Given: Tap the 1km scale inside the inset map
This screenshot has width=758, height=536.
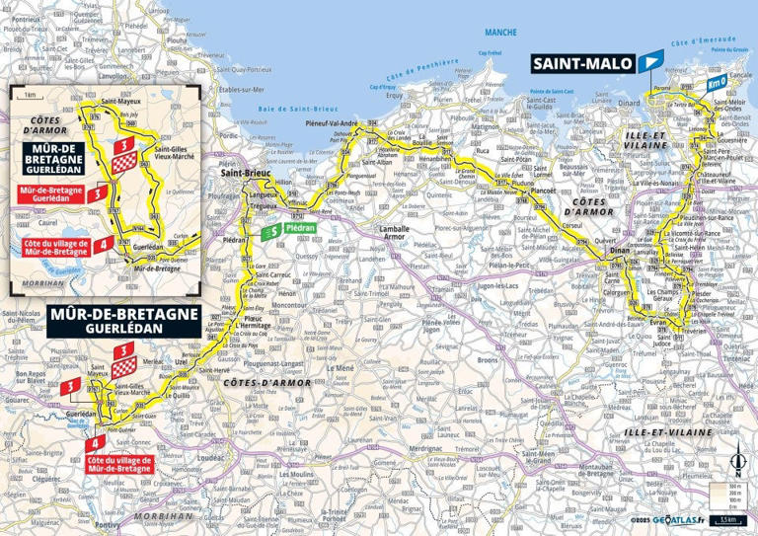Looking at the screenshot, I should (30, 95).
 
